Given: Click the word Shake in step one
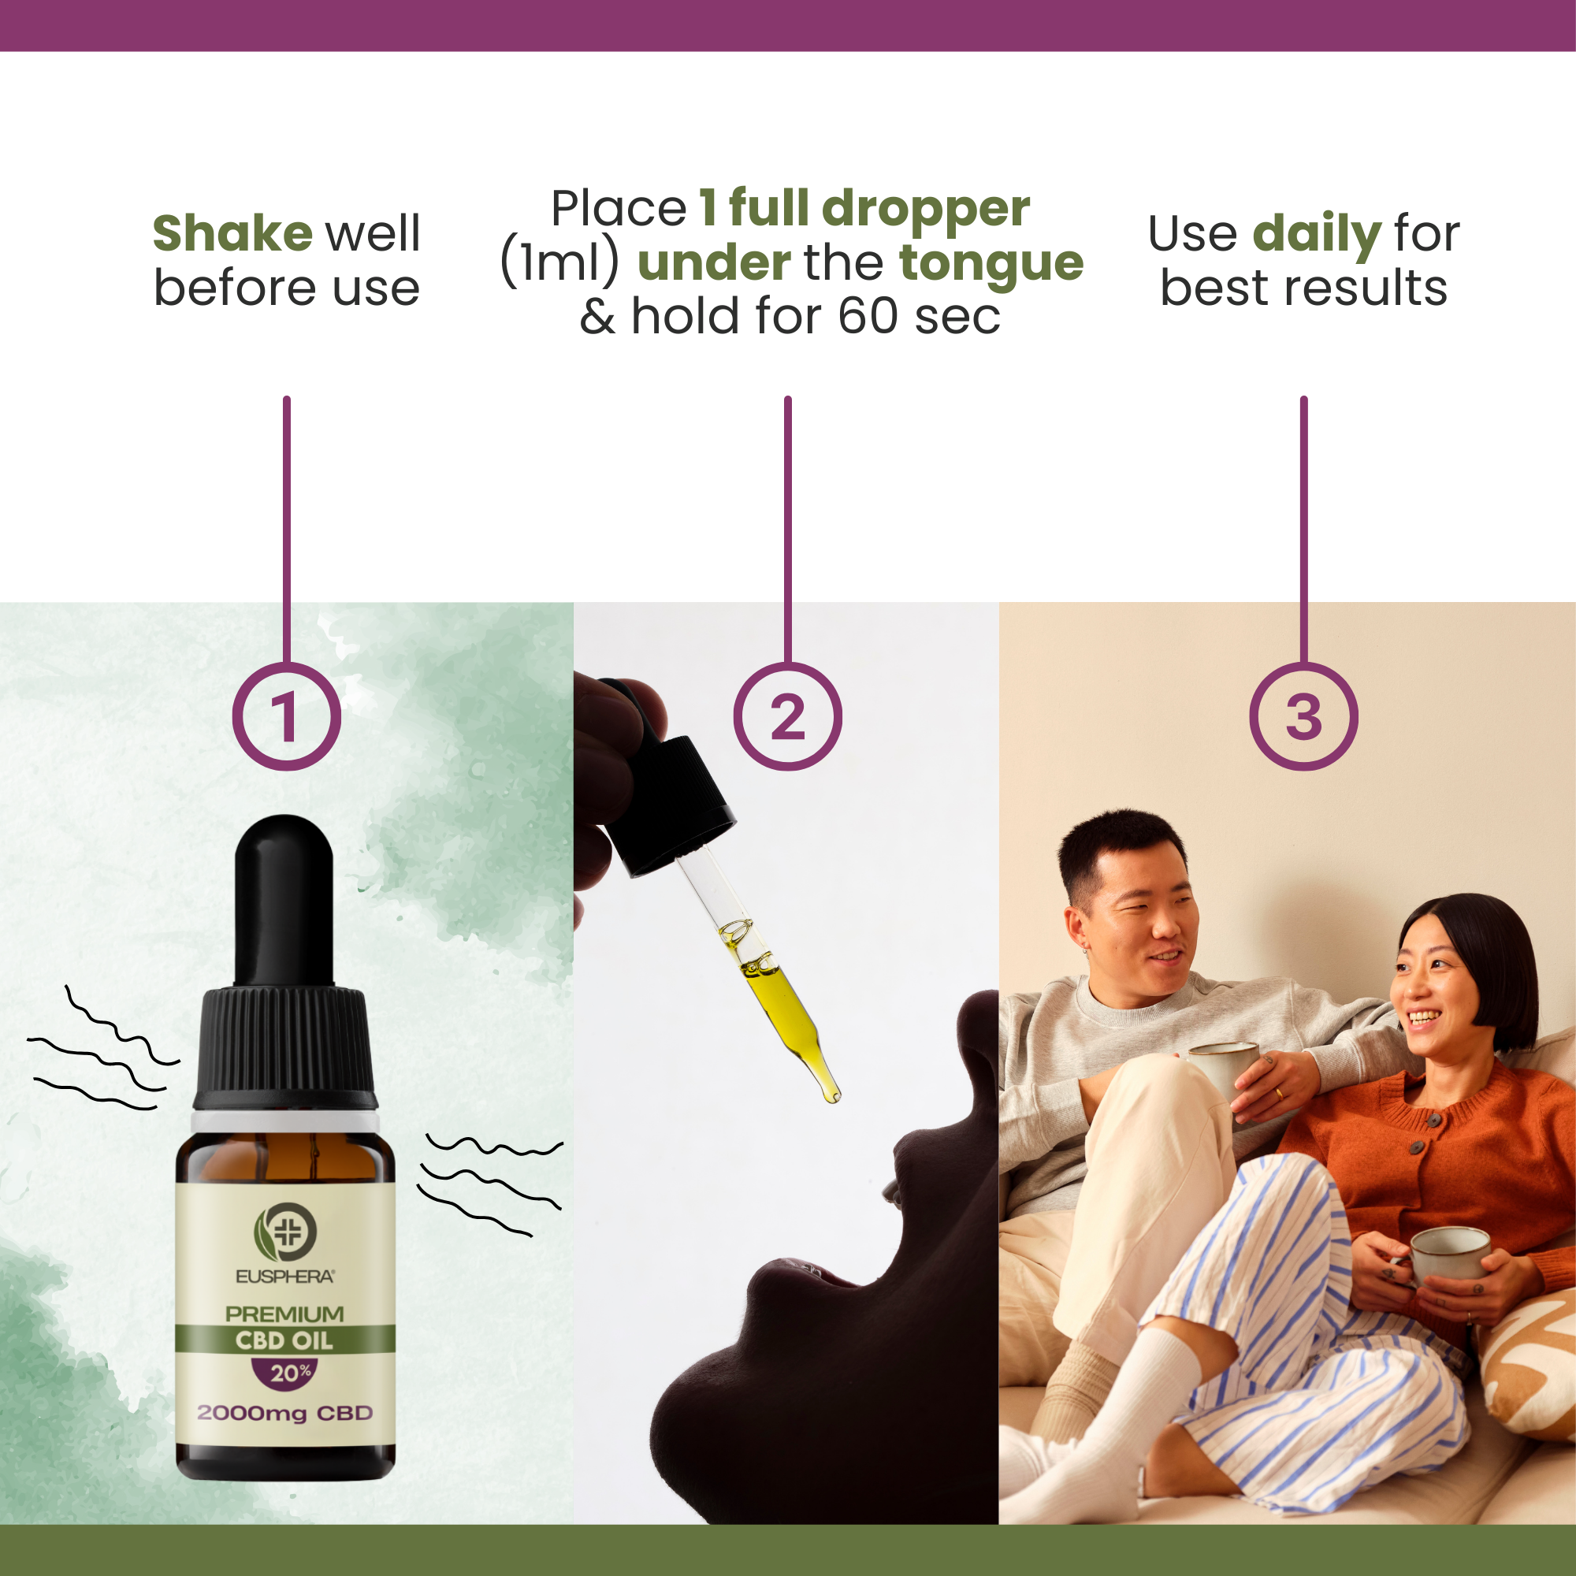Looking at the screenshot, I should click(x=232, y=234).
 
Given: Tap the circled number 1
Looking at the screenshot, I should click(x=286, y=716).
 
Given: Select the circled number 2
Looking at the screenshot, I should click(x=787, y=716).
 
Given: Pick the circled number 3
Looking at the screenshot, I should click(x=1303, y=716).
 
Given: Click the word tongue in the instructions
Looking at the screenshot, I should click(x=991, y=263).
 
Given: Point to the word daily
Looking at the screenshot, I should click(x=1316, y=234).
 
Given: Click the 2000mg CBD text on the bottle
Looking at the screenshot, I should click(x=284, y=1414).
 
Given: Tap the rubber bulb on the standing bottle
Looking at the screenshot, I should click(x=284, y=898).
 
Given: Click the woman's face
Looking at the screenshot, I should click(x=1434, y=991).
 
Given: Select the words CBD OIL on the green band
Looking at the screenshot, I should click(x=284, y=1341).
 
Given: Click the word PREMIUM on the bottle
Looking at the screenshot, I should click(x=284, y=1314).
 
